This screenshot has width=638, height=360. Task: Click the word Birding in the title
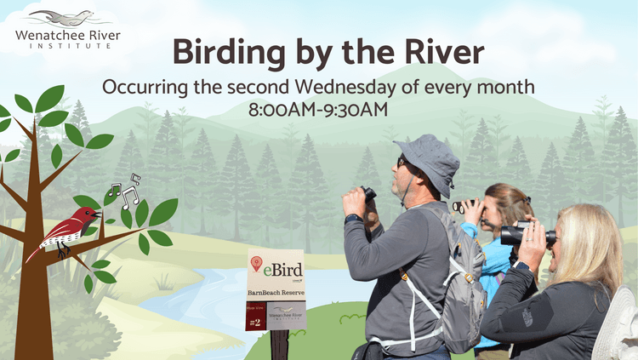tap(224, 53)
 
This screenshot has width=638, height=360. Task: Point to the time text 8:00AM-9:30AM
tap(318, 109)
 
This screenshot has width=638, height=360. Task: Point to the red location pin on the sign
tap(256, 266)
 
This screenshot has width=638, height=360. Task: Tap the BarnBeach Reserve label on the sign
tap(276, 294)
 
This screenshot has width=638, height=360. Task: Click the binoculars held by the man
tap(368, 194)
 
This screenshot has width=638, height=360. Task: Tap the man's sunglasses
tap(402, 162)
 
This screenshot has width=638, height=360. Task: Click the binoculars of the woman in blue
tap(464, 207)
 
